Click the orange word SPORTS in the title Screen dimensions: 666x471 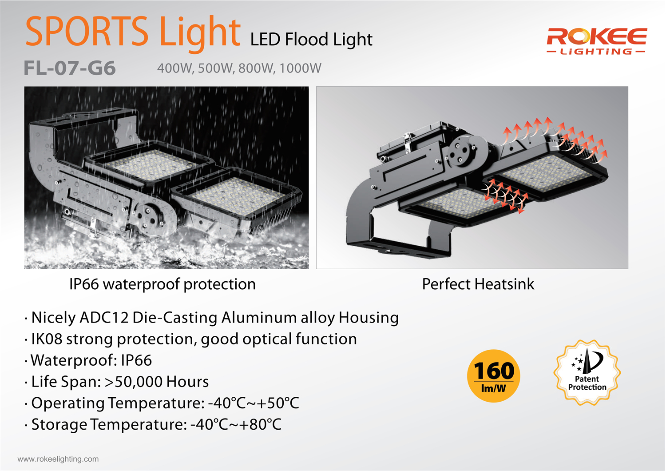point(87,31)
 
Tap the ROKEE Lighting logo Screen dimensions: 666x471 point(596,41)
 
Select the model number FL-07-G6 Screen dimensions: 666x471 point(70,68)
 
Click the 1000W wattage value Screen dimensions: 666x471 point(300,68)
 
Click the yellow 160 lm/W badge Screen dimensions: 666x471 point(494,376)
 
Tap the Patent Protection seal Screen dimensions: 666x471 point(587,372)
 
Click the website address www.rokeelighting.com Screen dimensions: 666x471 point(58,459)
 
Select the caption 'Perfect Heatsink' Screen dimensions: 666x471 point(478,284)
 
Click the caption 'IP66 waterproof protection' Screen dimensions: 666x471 point(163,284)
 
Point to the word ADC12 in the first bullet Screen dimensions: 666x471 point(104,317)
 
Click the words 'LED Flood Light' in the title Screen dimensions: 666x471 point(311,40)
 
